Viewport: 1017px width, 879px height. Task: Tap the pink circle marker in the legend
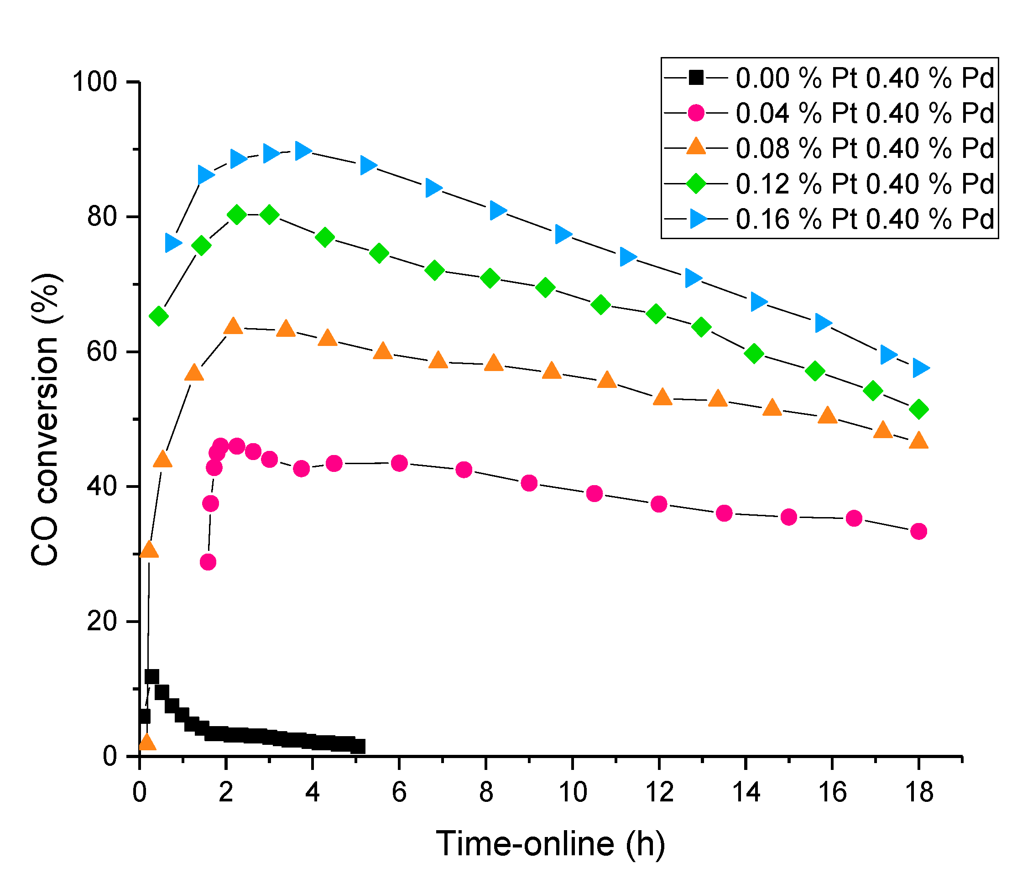(x=696, y=113)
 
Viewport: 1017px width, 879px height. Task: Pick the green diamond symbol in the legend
(x=696, y=183)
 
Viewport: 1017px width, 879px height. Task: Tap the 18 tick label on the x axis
(x=918, y=793)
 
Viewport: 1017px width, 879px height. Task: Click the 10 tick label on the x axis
(x=573, y=793)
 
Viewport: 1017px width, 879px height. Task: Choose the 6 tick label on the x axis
(x=400, y=793)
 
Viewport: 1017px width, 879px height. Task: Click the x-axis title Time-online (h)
(x=550, y=844)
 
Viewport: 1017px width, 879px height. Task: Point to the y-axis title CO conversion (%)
(x=45, y=420)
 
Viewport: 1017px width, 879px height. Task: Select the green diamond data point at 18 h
(x=919, y=409)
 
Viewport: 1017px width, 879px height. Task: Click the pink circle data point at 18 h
(x=918, y=531)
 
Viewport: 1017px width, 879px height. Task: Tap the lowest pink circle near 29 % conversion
(x=208, y=562)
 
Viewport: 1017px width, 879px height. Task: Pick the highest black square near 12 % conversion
(x=151, y=677)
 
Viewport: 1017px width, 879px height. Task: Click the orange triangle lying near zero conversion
(x=147, y=743)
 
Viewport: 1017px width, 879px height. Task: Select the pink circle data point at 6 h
(x=400, y=463)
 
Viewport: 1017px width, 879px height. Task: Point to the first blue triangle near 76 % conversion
(x=173, y=243)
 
